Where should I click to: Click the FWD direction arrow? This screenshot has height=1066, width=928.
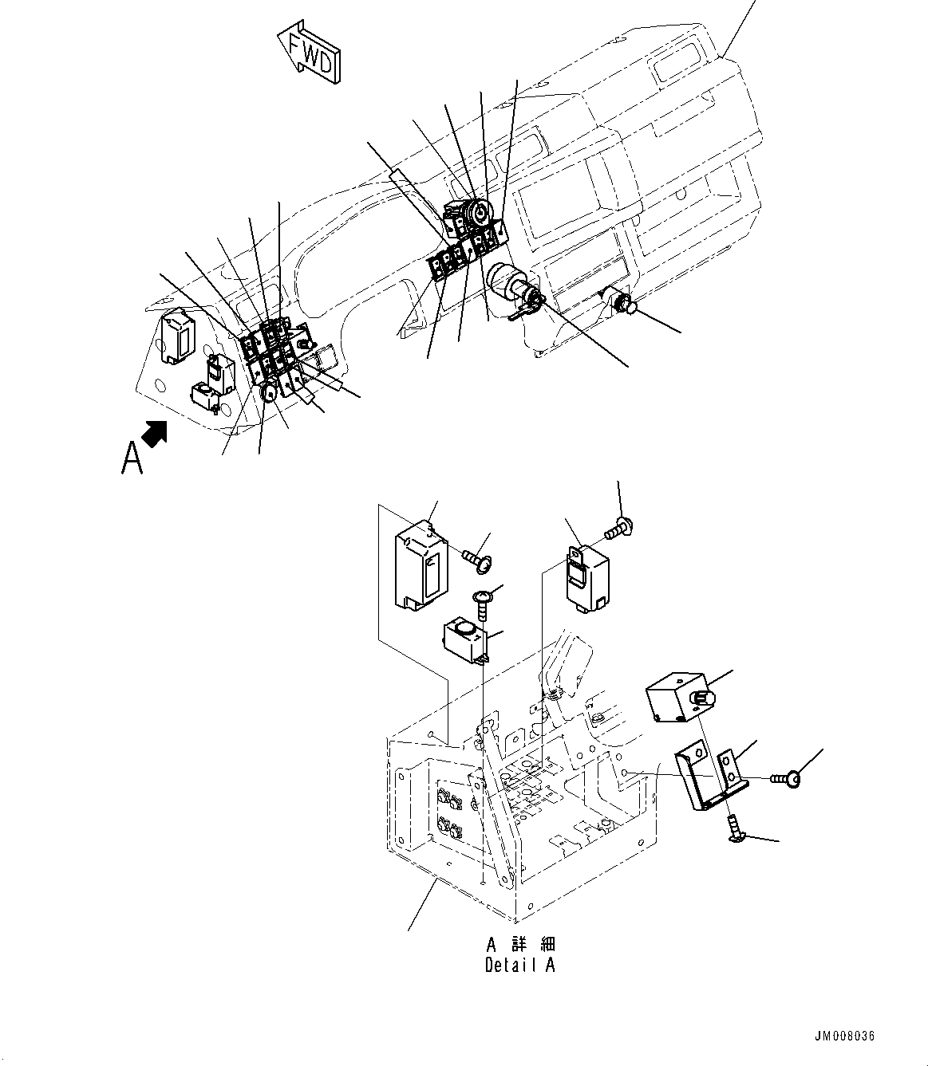(x=310, y=53)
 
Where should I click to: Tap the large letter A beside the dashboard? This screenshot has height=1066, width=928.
(x=132, y=458)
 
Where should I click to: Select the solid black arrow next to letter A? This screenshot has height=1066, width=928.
(x=155, y=432)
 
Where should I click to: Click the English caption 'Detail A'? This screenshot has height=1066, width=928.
(x=520, y=965)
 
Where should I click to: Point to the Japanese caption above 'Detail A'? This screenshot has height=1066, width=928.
(x=520, y=945)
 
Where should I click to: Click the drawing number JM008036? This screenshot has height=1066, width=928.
(x=844, y=1036)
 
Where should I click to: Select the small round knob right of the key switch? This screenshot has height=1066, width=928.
(x=624, y=302)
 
